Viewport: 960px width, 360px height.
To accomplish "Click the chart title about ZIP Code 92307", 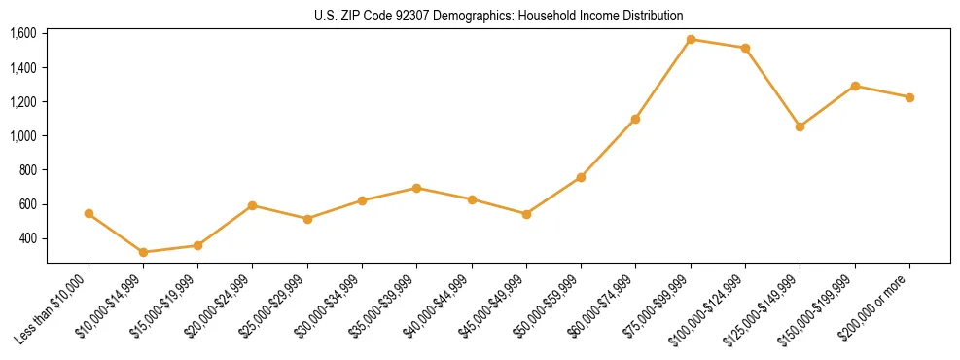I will (499, 16).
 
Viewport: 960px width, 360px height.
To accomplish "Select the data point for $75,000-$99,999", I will (691, 40).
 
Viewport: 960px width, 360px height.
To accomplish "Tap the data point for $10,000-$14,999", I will (143, 252).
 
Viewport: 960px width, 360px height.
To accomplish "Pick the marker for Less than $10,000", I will (89, 213).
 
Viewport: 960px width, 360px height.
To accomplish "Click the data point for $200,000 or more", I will (909, 97).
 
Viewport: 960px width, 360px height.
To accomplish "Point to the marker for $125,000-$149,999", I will (800, 126).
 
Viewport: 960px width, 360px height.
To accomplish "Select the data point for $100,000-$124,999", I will (745, 48).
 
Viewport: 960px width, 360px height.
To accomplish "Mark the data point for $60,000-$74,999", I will (635, 119).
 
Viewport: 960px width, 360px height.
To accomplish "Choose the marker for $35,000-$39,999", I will (416, 188).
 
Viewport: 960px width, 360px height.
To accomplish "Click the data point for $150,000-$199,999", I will (855, 86).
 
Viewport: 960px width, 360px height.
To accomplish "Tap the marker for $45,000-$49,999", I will (526, 214).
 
